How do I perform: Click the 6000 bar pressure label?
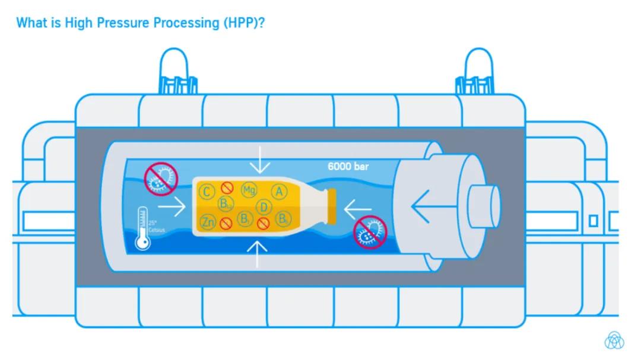pos(348,167)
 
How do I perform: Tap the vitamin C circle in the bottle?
pos(207,192)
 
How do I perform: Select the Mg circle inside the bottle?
pos(249,190)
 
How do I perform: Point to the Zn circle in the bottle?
pos(208,222)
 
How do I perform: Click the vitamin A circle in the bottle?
pos(279,192)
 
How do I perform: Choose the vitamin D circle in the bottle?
pos(264,207)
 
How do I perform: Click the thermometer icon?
pos(142,229)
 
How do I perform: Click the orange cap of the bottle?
pos(331,206)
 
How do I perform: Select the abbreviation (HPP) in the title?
pos(242,23)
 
